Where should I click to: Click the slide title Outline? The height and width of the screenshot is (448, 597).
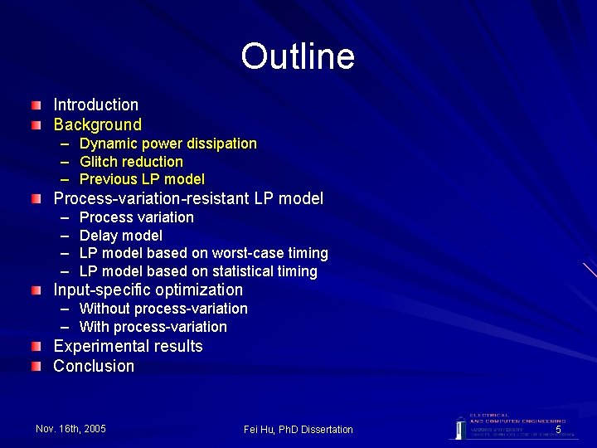[x=298, y=56]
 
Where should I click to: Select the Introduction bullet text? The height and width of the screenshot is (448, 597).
[x=95, y=105]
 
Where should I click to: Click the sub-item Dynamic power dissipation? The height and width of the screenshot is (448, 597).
[x=167, y=144]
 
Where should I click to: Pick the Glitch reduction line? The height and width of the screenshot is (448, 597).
[x=131, y=162]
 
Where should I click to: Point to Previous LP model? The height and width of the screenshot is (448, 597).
[x=142, y=179]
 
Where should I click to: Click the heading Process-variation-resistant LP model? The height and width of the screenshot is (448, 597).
[x=188, y=199]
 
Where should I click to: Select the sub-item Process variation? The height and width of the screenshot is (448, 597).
[x=137, y=217]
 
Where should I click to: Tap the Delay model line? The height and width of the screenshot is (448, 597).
[x=121, y=236]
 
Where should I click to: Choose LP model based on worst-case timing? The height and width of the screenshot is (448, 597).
[x=203, y=253]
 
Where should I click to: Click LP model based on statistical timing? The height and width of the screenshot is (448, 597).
[x=198, y=271]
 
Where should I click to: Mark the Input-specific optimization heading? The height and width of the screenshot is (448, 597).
[x=148, y=290]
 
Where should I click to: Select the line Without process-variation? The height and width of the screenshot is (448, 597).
[x=163, y=309]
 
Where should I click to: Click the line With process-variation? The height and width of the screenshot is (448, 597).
[x=153, y=327]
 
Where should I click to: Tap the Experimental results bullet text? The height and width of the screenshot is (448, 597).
[x=128, y=346]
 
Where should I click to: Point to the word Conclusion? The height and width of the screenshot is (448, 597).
[x=94, y=366]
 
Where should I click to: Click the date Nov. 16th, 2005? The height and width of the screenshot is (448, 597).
[x=70, y=428]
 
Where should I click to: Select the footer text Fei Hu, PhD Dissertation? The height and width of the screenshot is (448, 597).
[x=298, y=429]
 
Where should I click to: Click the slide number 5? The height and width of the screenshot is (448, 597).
[x=558, y=430]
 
